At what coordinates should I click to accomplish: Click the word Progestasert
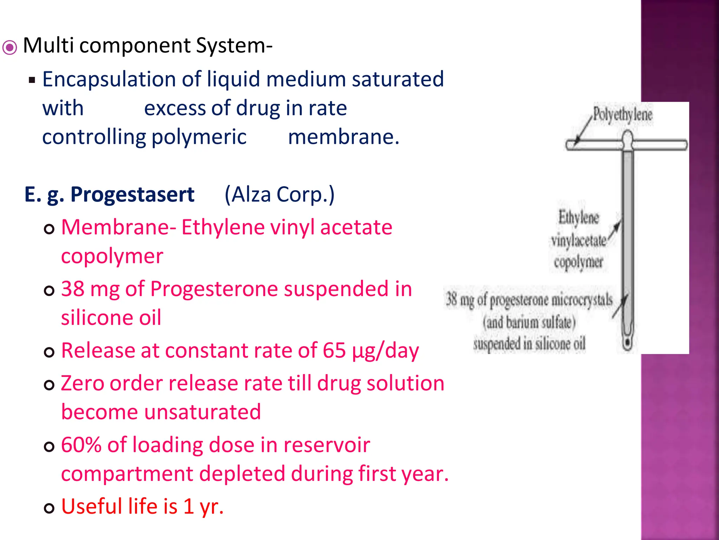point(132,194)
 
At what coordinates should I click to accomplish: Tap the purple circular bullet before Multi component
point(9,47)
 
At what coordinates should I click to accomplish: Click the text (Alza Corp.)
point(279,194)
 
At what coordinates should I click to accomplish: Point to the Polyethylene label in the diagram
point(622,114)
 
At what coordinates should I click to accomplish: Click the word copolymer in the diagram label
point(579,262)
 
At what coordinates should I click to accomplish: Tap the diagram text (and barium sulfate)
point(529,322)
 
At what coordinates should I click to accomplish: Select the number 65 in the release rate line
point(334,351)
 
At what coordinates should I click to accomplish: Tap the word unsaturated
point(203,412)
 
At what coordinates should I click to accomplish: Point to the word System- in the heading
point(234,46)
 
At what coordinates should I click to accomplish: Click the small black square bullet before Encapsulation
point(32,80)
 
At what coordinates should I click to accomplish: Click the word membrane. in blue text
point(344,137)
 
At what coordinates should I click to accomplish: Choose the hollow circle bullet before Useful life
point(49,508)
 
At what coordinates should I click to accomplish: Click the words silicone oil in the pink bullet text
point(111,318)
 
